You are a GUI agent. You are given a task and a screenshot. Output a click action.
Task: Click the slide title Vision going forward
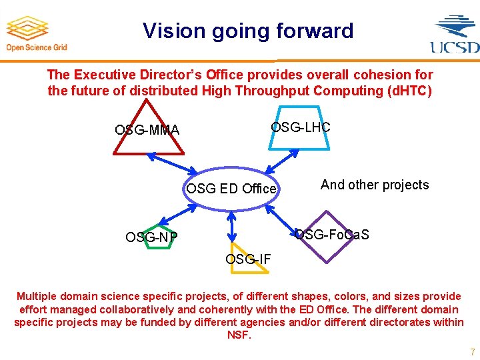pyautogui.click(x=248, y=31)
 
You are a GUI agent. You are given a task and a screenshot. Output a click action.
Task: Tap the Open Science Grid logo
pyautogui.click(x=37, y=33)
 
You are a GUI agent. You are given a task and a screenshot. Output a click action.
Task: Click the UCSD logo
pyautogui.click(x=455, y=33)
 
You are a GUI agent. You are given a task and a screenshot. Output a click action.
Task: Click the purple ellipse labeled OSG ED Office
pyautogui.click(x=231, y=189)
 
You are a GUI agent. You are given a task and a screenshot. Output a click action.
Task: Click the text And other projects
pyautogui.click(x=375, y=185)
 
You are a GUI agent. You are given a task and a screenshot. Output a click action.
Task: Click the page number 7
pyautogui.click(x=472, y=351)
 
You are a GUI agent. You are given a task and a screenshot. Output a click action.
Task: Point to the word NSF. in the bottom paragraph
pyautogui.click(x=239, y=335)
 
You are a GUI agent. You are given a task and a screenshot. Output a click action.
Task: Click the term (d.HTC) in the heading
pyautogui.click(x=410, y=91)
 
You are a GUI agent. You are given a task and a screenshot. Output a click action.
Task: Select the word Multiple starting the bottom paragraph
pyautogui.click(x=39, y=296)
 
